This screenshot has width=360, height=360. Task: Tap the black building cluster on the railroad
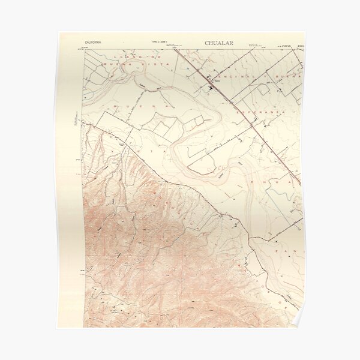210,89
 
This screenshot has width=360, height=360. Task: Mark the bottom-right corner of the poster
305,328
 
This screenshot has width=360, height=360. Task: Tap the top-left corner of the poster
57,32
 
